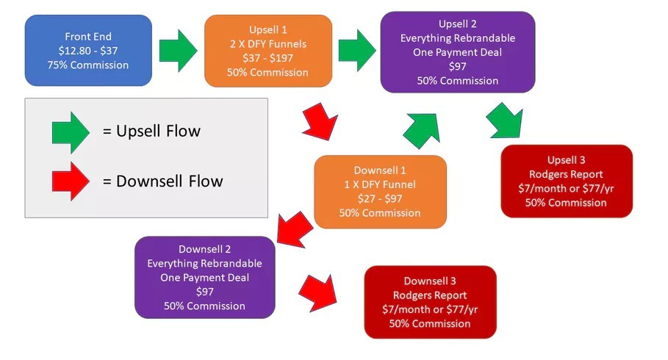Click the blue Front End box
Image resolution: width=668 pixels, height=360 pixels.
pyautogui.click(x=88, y=50)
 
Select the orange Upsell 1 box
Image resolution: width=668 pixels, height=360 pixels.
pyautogui.click(x=268, y=51)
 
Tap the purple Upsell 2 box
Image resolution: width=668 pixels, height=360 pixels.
pyautogui.click(x=458, y=52)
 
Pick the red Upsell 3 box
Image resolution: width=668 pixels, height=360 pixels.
pyautogui.click(x=567, y=181)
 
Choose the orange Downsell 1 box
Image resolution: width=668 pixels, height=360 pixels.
pyautogui.click(x=380, y=192)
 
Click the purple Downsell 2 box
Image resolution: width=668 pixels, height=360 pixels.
pyautogui.click(x=205, y=278)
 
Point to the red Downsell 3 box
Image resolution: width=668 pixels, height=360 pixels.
pyautogui.click(x=431, y=302)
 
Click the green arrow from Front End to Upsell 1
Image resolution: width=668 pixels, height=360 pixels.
pyautogui.click(x=178, y=51)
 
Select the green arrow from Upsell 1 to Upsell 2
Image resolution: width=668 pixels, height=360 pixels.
pyautogui.click(x=357, y=51)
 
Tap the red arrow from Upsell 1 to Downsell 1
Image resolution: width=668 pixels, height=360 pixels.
pyautogui.click(x=320, y=122)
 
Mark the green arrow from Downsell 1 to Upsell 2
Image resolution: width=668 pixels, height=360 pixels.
pyautogui.click(x=421, y=130)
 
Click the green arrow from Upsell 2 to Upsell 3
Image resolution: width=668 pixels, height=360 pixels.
pyautogui.click(x=504, y=120)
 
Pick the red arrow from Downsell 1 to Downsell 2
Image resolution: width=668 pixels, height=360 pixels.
pyautogui.click(x=295, y=229)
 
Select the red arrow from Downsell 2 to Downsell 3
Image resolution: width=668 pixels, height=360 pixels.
pyautogui.click(x=317, y=293)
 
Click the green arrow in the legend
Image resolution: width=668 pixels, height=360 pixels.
pyautogui.click(x=71, y=132)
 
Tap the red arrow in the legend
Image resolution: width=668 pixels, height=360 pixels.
pyautogui.click(x=71, y=181)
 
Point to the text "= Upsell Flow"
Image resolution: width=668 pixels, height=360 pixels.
pyautogui.click(x=151, y=132)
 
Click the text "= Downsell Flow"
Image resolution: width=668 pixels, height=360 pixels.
pyautogui.click(x=162, y=181)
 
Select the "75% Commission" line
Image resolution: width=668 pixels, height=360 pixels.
pyautogui.click(x=88, y=65)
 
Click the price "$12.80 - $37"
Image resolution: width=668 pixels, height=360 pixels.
pyautogui.click(x=88, y=51)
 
